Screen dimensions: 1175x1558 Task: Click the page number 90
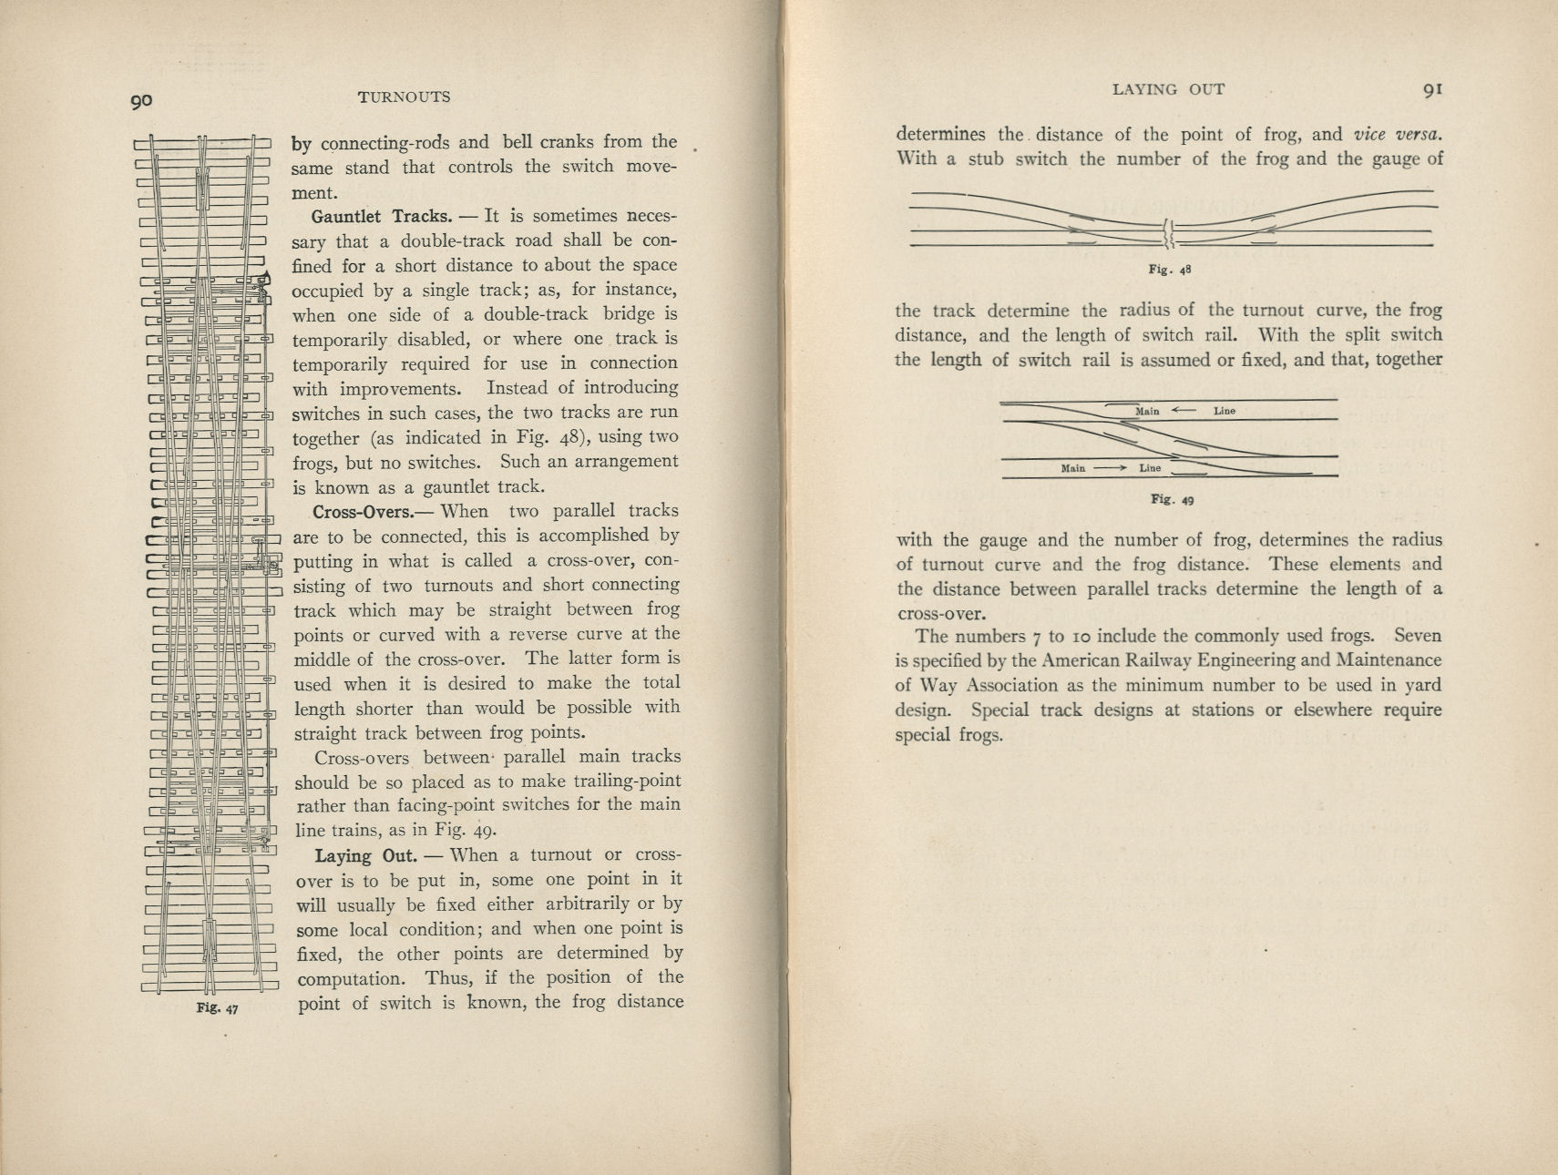(140, 101)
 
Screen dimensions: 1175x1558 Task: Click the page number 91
(1432, 89)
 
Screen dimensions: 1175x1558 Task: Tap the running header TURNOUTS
(404, 97)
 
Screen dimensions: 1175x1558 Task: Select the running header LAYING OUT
(1168, 89)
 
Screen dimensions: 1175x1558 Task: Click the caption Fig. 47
(217, 1008)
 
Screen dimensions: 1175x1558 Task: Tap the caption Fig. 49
(1172, 499)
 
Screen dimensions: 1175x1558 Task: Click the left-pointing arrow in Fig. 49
(1183, 411)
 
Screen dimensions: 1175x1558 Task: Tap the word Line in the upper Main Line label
(1224, 411)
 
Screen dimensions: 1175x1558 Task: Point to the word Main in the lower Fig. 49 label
(1072, 468)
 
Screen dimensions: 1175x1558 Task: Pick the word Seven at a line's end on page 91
(1417, 636)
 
